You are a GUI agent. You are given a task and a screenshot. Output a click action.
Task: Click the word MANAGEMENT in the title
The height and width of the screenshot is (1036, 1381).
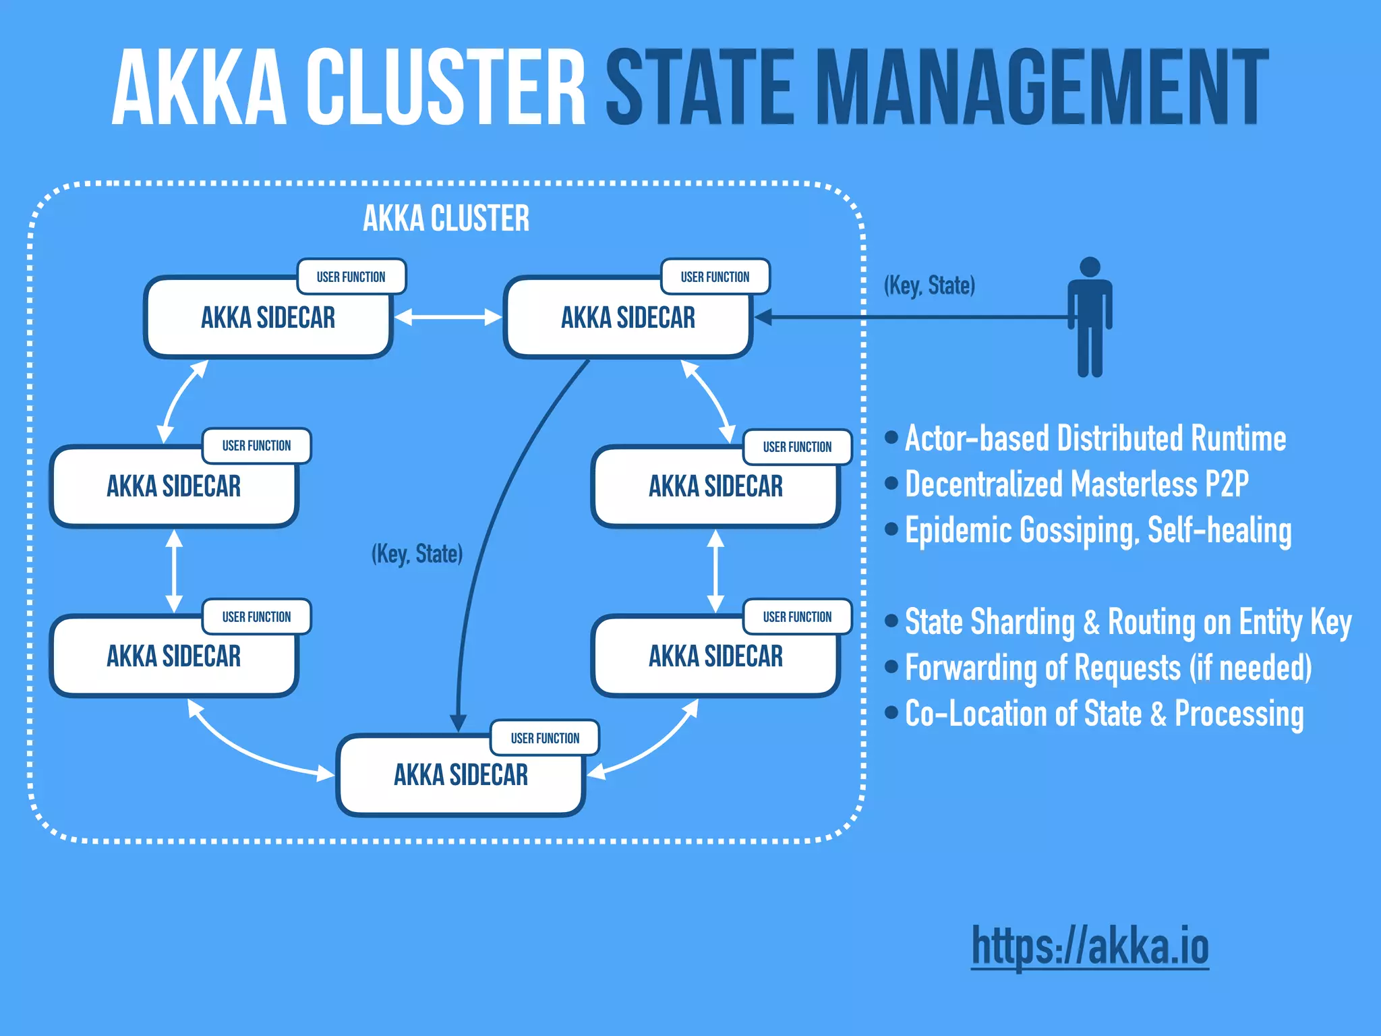point(1042,88)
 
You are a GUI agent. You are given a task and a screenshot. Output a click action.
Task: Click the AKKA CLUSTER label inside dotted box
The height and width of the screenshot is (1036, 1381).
point(446,219)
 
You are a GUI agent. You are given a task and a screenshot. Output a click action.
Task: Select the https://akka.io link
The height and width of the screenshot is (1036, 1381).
point(1090,946)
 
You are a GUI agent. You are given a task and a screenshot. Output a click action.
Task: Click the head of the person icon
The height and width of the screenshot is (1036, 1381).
point(1090,267)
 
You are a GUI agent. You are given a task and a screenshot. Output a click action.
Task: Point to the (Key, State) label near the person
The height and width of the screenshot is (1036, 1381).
point(929,285)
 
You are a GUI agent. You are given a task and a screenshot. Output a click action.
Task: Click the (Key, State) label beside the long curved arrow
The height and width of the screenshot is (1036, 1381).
point(417,554)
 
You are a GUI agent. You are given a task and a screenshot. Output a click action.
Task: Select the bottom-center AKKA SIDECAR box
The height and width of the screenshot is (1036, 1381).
point(461,776)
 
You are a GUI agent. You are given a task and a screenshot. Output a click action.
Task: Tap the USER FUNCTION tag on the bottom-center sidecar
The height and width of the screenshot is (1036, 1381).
point(545,738)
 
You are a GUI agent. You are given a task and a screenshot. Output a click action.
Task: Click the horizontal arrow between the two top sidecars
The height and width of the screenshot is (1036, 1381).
point(448,317)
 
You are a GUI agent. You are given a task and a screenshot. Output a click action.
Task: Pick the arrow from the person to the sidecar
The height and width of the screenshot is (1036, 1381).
point(910,317)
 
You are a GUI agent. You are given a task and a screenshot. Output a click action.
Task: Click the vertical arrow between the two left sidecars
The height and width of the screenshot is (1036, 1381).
point(174,571)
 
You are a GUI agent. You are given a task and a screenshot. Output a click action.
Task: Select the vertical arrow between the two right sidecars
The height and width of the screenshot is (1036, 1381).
point(715,571)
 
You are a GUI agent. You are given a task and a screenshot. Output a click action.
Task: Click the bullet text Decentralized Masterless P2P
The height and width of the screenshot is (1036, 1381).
point(1076,484)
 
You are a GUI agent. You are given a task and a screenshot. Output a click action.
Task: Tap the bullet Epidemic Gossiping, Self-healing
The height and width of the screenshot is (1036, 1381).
point(1098,530)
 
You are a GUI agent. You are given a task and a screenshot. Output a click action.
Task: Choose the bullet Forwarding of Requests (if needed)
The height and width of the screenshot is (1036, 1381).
point(1108,668)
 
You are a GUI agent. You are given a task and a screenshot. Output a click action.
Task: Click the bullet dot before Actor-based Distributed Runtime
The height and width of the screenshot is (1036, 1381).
point(891,438)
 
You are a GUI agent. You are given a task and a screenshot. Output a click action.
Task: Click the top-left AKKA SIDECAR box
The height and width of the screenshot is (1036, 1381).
point(268,318)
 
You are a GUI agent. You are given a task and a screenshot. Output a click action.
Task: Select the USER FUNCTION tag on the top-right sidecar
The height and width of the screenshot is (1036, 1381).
point(715,277)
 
